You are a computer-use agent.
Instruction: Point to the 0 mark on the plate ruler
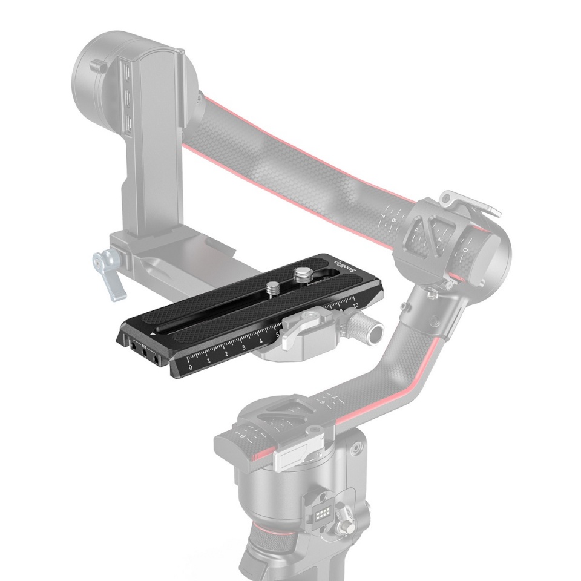[191, 367]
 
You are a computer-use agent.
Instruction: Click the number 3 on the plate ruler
[243, 347]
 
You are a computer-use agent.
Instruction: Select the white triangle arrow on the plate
[154, 333]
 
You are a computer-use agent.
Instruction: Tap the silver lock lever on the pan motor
[295, 461]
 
